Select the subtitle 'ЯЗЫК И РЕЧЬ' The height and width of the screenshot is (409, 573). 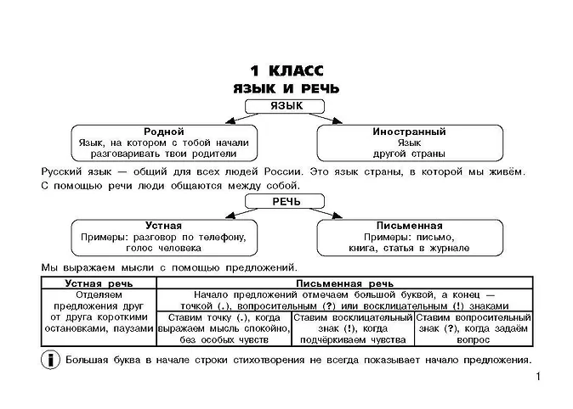click(x=286, y=88)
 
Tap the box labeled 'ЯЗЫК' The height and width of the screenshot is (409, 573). click(x=286, y=106)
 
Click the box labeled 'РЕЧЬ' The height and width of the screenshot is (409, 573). click(x=286, y=201)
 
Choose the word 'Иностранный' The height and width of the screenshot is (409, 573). click(x=409, y=132)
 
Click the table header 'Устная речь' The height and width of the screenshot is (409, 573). click(x=95, y=283)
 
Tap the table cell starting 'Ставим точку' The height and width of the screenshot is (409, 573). click(x=219, y=328)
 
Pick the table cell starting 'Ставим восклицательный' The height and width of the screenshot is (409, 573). click(x=352, y=328)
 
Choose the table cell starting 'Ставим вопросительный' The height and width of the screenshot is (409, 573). click(x=473, y=328)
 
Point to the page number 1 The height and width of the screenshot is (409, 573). click(x=538, y=377)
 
